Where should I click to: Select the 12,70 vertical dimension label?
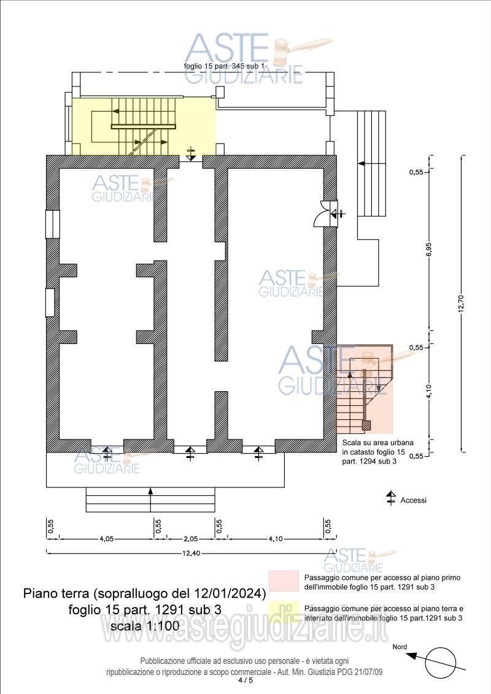pyautogui.click(x=460, y=303)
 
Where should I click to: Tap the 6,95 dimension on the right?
pyautogui.click(x=428, y=251)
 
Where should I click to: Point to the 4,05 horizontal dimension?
pyautogui.click(x=106, y=539)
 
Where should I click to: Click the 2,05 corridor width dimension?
pyautogui.click(x=191, y=539)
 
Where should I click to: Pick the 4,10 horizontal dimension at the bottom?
pyautogui.click(x=276, y=539)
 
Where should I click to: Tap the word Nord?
pyautogui.click(x=400, y=647)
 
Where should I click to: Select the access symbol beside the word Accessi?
pyautogui.click(x=391, y=499)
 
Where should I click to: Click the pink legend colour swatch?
pyautogui.click(x=284, y=581)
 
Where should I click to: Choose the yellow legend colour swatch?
pyautogui.click(x=284, y=612)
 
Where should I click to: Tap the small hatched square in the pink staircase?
pyautogui.click(x=366, y=426)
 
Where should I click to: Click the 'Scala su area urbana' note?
pyautogui.click(x=378, y=442)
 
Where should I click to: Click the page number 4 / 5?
pyautogui.click(x=245, y=680)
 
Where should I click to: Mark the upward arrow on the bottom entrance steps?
pyautogui.click(x=150, y=500)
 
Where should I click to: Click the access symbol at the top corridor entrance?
pyautogui.click(x=191, y=154)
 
